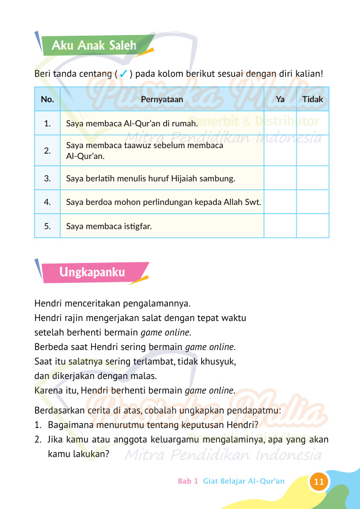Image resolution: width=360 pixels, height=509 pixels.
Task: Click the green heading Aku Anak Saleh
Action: pyautogui.click(x=94, y=45)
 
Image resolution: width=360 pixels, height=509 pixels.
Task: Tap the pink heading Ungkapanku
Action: pyautogui.click(x=92, y=273)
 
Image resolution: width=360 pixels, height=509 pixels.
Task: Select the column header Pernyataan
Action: pyautogui.click(x=161, y=99)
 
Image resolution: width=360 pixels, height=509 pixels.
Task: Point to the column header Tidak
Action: pyautogui.click(x=312, y=99)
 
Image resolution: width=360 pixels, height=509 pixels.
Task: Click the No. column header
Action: pyautogui.click(x=47, y=99)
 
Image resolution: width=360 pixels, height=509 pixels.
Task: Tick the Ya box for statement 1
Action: pyautogui.click(x=280, y=123)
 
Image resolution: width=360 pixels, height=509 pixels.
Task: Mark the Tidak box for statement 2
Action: pyautogui.click(x=312, y=151)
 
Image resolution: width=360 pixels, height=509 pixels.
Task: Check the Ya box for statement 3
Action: pyautogui.click(x=280, y=178)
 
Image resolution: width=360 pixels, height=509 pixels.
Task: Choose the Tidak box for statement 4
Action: pyautogui.click(x=312, y=202)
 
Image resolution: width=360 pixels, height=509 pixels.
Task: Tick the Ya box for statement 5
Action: pyautogui.click(x=280, y=227)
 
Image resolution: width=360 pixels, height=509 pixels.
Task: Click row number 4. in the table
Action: pyautogui.click(x=47, y=202)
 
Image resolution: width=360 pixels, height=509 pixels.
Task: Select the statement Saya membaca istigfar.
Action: pyautogui.click(x=109, y=227)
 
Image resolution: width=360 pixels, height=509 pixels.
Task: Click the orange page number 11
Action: pyautogui.click(x=319, y=482)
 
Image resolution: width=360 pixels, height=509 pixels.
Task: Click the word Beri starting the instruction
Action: pyautogui.click(x=42, y=74)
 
